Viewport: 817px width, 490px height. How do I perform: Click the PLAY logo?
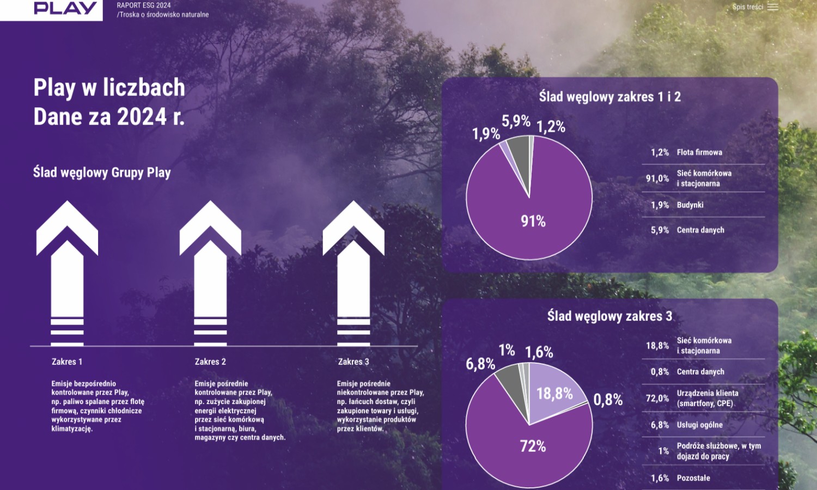pyautogui.click(x=65, y=8)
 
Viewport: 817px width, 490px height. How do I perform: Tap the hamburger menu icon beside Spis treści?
pyautogui.click(x=772, y=7)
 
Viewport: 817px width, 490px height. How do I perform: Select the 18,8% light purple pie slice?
pyautogui.click(x=554, y=393)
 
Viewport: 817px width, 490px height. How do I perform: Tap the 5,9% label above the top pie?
pyautogui.click(x=516, y=121)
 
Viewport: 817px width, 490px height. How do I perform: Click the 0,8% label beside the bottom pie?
pyautogui.click(x=608, y=400)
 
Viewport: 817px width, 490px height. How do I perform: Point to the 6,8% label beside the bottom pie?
pyautogui.click(x=480, y=364)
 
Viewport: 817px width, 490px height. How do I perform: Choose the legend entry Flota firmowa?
pyautogui.click(x=699, y=152)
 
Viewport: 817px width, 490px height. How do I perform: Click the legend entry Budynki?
pyautogui.click(x=690, y=205)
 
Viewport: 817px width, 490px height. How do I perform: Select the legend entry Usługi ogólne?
pyautogui.click(x=699, y=425)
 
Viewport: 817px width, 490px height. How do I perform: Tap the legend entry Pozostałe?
pyautogui.click(x=693, y=478)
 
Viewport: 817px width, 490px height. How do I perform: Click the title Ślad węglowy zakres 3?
pyautogui.click(x=609, y=316)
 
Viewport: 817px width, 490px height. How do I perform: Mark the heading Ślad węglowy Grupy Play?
pyautogui.click(x=102, y=173)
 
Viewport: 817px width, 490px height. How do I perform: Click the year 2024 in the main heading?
pyautogui.click(x=142, y=117)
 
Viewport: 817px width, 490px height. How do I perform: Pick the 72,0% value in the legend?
pyautogui.click(x=657, y=399)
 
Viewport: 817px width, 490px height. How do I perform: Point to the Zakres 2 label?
pyautogui.click(x=210, y=362)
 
